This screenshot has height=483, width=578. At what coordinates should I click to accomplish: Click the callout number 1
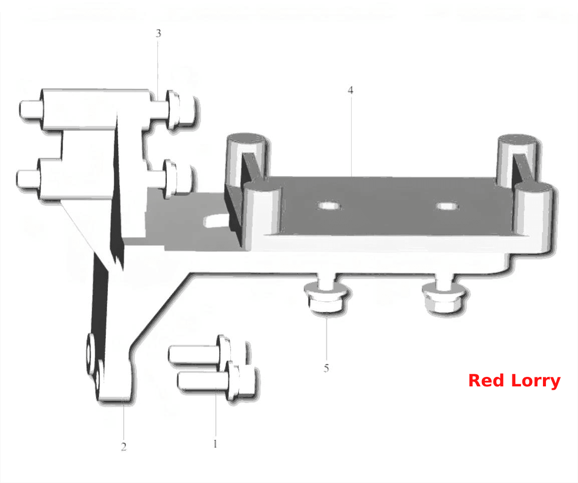(x=215, y=444)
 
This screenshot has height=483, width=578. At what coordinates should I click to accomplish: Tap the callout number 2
(x=124, y=446)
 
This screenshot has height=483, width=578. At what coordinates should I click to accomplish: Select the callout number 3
(x=158, y=34)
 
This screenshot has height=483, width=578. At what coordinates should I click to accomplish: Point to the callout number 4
(x=350, y=90)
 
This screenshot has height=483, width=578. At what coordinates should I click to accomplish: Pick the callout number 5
(x=326, y=368)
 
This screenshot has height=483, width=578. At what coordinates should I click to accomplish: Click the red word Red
(x=486, y=380)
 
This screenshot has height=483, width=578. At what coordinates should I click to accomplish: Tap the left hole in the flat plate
(x=329, y=206)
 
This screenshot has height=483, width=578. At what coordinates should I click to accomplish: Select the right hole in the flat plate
(x=447, y=206)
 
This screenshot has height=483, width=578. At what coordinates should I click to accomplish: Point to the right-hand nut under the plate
(x=443, y=298)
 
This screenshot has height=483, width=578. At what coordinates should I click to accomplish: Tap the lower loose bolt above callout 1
(x=217, y=381)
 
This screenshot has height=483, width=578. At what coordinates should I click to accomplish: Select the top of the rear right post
(x=517, y=140)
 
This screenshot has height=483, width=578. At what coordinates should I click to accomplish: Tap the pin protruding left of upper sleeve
(x=31, y=110)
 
